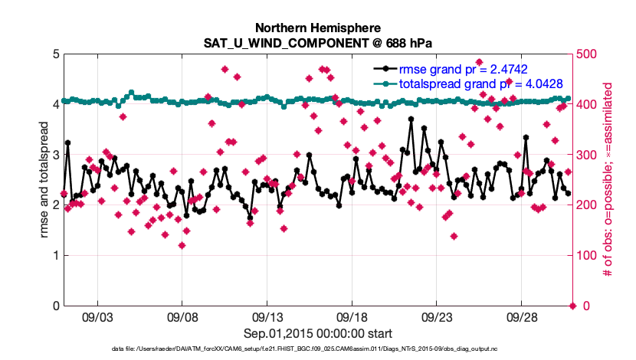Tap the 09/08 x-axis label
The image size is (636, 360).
click(183, 317)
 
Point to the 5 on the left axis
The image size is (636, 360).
click(55, 54)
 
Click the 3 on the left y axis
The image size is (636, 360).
click(55, 155)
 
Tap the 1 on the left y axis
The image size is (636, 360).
click(55, 256)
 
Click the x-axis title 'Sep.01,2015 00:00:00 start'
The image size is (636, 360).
click(317, 333)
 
